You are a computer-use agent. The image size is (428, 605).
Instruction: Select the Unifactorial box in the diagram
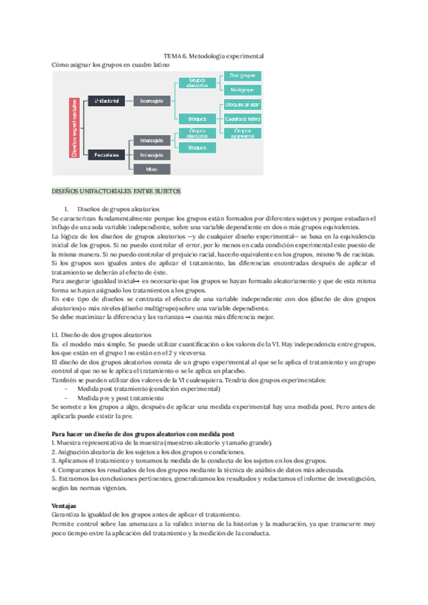pos(108,101)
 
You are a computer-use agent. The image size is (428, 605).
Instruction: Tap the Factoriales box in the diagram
pos(108,155)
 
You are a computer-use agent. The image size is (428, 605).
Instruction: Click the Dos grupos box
pos(243,76)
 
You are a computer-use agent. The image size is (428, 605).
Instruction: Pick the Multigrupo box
pos(243,90)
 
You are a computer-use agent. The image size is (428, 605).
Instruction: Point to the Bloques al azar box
pos(243,105)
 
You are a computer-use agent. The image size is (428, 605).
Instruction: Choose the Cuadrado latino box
pos(243,118)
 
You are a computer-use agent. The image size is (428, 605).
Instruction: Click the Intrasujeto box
pos(152,155)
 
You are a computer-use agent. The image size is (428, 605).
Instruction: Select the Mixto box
pos(152,169)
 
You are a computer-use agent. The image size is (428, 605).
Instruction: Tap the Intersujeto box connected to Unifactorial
pos(152,101)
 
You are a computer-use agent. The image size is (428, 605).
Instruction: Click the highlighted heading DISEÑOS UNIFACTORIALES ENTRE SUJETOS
pos(117,191)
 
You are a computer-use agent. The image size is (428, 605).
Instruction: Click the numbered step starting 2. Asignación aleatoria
pos(148,452)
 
